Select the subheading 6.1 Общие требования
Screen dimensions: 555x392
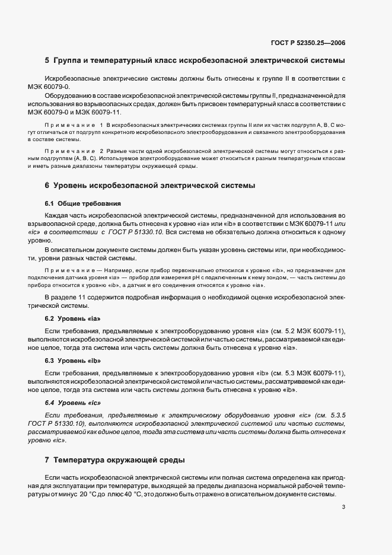(83, 203)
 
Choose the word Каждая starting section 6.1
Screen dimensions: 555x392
(58, 213)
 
